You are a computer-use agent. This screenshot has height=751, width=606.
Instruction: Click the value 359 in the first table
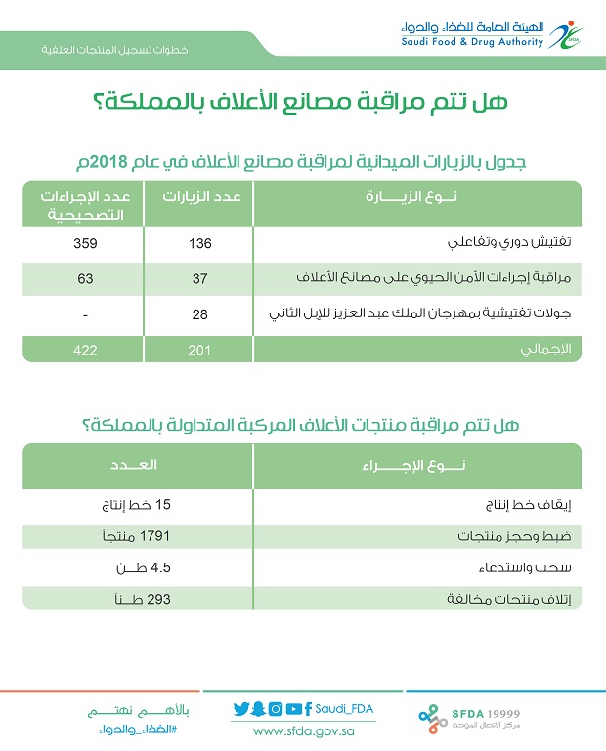[85, 242]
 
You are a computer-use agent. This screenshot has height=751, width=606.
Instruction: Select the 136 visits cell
[199, 242]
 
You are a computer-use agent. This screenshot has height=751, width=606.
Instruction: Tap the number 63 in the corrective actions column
[85, 279]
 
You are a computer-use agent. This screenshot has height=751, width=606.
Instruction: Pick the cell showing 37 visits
[199, 279]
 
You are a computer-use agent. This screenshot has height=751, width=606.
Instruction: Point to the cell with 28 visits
[199, 315]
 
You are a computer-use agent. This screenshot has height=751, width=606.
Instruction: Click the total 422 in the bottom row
[85, 350]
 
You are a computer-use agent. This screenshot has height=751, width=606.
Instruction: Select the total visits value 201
[199, 350]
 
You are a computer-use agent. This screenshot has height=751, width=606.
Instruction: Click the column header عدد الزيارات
[198, 197]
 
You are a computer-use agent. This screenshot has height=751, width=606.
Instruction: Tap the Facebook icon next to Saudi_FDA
[308, 709]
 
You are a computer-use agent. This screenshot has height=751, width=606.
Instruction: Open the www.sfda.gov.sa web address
[302, 730]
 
